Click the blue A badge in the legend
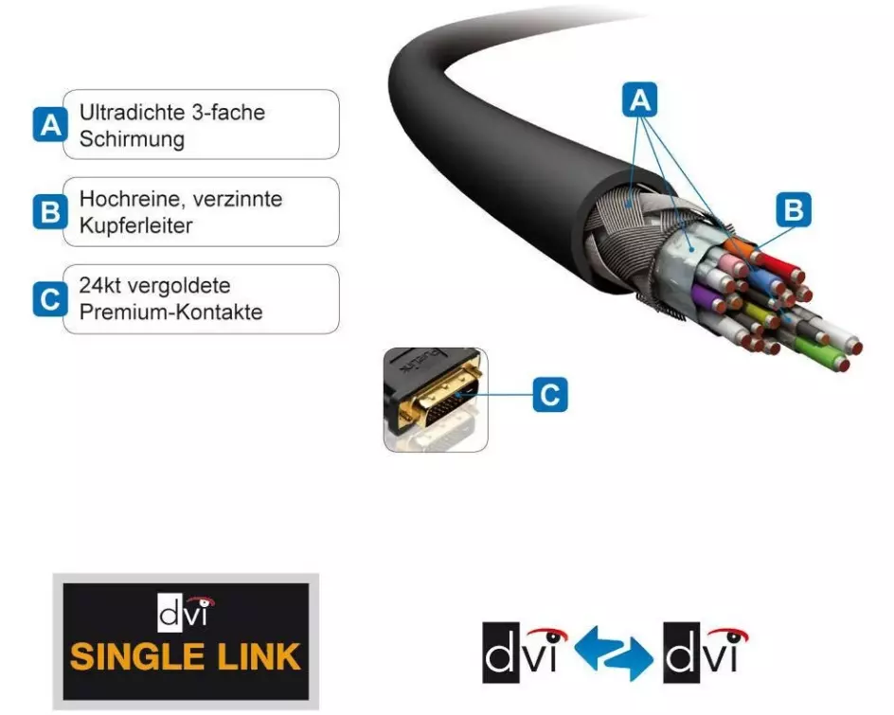point(48,125)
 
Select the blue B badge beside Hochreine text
point(48,212)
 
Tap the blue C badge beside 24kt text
point(48,299)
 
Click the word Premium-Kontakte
point(171,313)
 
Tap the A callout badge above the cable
point(640,99)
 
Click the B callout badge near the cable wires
point(794,209)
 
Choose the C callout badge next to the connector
point(550,393)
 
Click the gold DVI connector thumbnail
point(435,399)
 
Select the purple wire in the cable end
point(708,299)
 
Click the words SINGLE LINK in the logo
point(186,655)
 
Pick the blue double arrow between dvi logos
point(614,652)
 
